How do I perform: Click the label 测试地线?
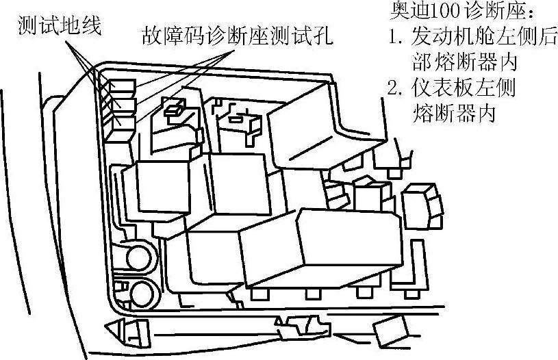tap(59, 26)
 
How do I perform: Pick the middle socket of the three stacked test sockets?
tap(121, 103)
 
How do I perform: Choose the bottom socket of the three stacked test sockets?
tap(121, 121)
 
